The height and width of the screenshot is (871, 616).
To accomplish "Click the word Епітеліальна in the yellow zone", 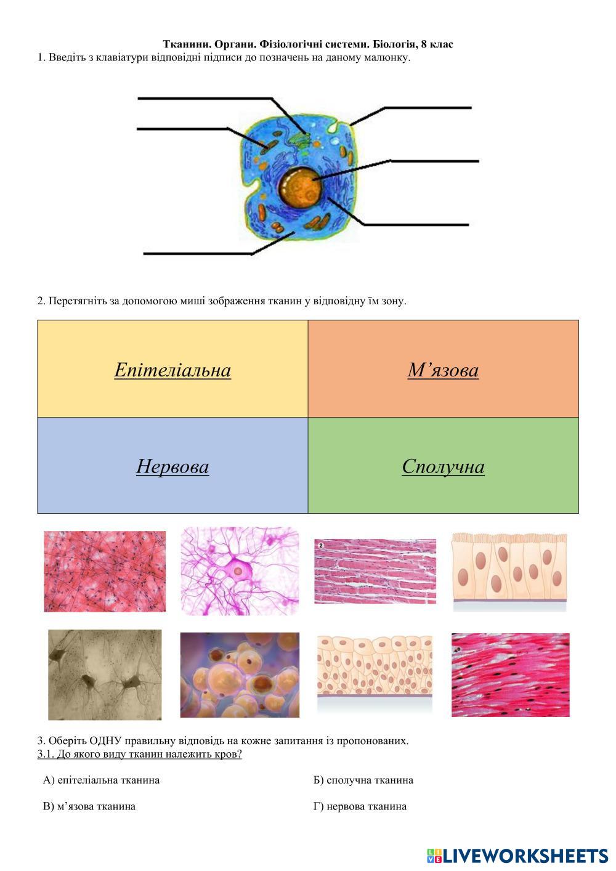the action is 172,370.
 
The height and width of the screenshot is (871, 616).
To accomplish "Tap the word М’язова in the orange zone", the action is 443,370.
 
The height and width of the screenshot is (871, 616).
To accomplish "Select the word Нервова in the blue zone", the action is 172,467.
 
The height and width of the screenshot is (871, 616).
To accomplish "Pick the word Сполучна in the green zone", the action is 443,467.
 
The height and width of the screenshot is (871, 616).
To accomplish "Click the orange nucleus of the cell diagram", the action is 299,187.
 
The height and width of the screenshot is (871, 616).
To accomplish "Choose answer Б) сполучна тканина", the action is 363,780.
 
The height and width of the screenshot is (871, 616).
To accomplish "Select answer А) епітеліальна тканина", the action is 101,780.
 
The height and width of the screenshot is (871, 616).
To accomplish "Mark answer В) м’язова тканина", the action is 89,806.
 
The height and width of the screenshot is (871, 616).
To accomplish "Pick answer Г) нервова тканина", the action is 360,806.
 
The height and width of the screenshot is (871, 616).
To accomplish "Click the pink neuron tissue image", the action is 240,570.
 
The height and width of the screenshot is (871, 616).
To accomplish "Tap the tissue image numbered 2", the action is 375,571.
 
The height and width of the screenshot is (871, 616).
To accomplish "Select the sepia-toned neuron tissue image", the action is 105,675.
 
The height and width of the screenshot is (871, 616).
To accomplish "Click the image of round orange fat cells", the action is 240,675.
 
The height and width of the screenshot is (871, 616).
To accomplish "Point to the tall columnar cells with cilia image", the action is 509,572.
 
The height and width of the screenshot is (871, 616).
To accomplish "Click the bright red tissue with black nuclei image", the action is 510,675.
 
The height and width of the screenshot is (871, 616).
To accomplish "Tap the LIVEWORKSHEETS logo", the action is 517,856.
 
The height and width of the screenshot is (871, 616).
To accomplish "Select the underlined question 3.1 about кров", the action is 139,754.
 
